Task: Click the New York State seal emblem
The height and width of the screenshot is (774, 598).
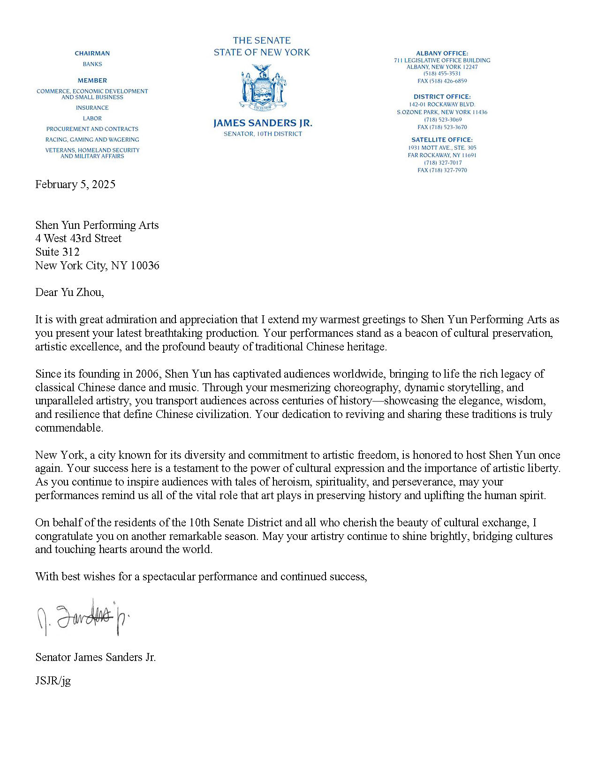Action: (263, 88)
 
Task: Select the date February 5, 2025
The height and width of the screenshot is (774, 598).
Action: (75, 184)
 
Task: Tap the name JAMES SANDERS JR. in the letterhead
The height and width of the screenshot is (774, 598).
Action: (263, 123)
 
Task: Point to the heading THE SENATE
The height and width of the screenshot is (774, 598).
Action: (262, 40)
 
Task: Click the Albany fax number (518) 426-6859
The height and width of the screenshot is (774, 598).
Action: (442, 81)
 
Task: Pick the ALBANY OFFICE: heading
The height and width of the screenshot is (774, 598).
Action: (442, 53)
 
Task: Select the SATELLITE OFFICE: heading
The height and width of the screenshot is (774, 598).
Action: (442, 140)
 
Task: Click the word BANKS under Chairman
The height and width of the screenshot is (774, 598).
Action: (92, 64)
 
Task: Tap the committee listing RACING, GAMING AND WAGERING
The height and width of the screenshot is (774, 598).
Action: (92, 140)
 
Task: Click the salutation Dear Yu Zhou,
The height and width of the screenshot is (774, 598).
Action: (69, 292)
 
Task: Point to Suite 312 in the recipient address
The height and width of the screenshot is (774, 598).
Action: (57, 252)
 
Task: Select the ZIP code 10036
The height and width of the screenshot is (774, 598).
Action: (145, 266)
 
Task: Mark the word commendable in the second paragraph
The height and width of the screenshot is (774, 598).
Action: (69, 428)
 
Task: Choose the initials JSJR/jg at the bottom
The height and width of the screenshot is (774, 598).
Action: (53, 680)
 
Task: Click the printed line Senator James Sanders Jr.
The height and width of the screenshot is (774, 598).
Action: (95, 657)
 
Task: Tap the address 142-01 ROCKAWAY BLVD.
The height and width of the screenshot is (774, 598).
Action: (442, 105)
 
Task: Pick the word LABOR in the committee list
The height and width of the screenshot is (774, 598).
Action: (92, 119)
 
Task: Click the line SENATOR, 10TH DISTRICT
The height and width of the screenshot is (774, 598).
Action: (263, 134)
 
